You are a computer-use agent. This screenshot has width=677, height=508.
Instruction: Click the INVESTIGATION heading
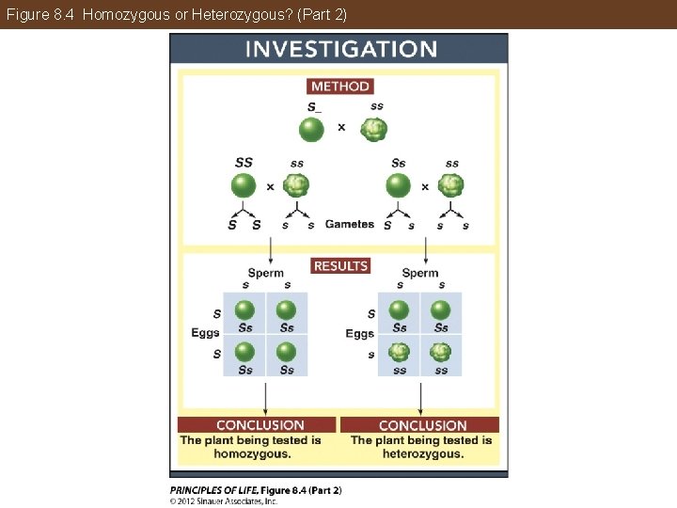tap(340, 50)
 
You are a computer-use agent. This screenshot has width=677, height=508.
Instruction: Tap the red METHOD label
tap(339, 86)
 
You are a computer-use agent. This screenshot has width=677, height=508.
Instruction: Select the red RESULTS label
tap(340, 266)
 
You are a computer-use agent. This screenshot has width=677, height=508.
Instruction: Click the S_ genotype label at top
tap(314, 106)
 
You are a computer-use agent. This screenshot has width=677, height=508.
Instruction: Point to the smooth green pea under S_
tap(312, 129)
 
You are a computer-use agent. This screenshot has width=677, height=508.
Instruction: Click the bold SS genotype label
tap(244, 163)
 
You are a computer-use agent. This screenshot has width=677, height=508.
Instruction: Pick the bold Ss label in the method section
tap(399, 163)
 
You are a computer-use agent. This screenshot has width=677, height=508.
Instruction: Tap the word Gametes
tap(349, 224)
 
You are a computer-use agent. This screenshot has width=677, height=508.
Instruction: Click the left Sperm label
tap(266, 273)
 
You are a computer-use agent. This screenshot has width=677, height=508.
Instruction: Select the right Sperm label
tap(420, 273)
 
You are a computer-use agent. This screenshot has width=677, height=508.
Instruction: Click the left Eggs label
tap(205, 333)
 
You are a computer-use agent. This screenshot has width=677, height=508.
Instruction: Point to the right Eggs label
tap(359, 333)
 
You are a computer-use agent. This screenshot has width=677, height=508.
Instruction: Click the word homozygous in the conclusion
tap(252, 453)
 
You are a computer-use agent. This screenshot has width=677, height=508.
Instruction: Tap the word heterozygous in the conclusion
tap(422, 453)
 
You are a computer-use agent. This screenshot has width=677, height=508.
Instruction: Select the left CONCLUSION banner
tap(260, 425)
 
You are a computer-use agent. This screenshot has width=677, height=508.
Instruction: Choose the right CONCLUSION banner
tap(422, 425)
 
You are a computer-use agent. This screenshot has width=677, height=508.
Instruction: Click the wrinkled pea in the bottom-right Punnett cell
tap(441, 353)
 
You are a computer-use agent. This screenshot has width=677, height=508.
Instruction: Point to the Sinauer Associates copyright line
tap(224, 501)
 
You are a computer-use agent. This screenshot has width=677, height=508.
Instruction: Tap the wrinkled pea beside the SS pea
tap(296, 184)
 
